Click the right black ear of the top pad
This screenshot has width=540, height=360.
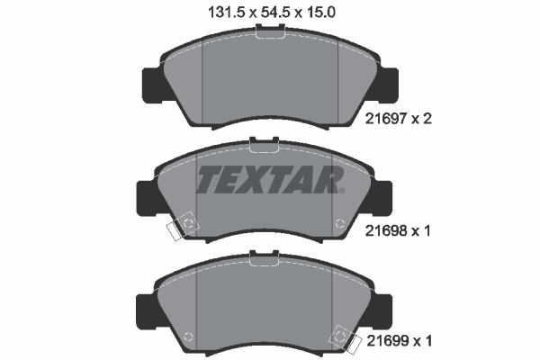(388, 84)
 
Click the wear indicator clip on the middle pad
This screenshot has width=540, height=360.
(183, 227)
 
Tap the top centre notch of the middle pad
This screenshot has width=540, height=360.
(264, 142)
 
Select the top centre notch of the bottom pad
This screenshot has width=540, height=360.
(264, 253)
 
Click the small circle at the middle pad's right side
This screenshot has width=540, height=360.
(338, 223)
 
